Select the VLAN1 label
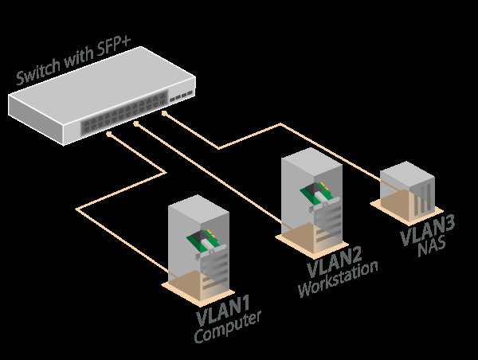tap(224, 311)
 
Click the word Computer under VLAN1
tap(228, 327)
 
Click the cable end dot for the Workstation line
tap(136, 125)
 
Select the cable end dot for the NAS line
tap(165, 114)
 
